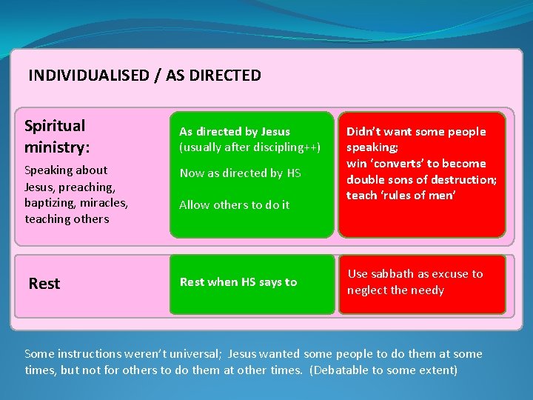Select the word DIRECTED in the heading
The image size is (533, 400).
pos(225,76)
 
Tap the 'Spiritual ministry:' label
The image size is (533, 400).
pos(55,136)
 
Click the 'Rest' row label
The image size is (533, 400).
pos(44,284)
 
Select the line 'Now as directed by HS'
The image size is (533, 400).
pos(241,173)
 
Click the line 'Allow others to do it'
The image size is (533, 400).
pos(235,205)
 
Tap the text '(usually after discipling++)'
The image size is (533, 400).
pos(250,147)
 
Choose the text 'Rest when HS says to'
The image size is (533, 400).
pos(238,282)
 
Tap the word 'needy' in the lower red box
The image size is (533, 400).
pos(428,290)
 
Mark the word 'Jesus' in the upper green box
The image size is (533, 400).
pos(275,132)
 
